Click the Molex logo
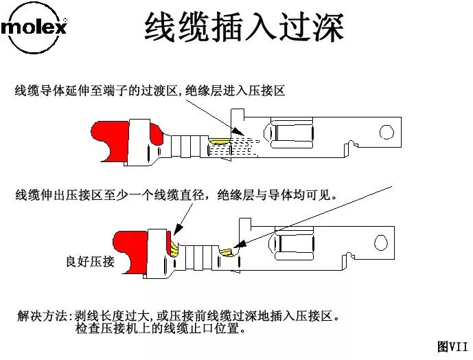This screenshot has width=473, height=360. pos(34,28)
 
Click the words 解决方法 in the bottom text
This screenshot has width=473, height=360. pos(43,316)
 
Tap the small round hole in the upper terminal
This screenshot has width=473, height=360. pos(389,131)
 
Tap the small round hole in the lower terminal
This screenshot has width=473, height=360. pos(380,240)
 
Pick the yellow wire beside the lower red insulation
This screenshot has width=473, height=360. pos(174,245)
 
